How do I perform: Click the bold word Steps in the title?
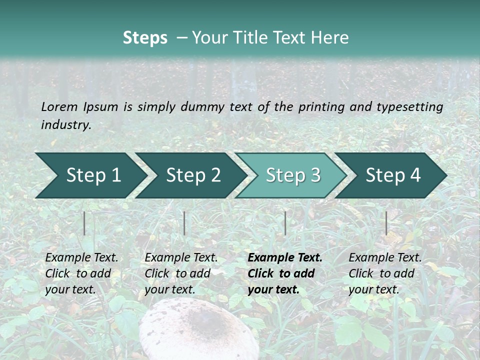pyautogui.click(x=145, y=37)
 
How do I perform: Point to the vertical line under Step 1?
pyautogui.click(x=84, y=223)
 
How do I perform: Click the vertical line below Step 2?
pyautogui.click(x=184, y=223)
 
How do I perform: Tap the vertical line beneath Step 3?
pyautogui.click(x=285, y=223)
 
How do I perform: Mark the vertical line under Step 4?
pyautogui.click(x=386, y=223)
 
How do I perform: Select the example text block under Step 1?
pyautogui.click(x=81, y=273)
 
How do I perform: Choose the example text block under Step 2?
pyautogui.click(x=181, y=273)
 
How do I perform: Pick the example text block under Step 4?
pyautogui.click(x=385, y=273)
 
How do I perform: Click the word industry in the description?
pyautogui.click(x=66, y=125)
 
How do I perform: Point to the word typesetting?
pyautogui.click(x=409, y=106)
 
